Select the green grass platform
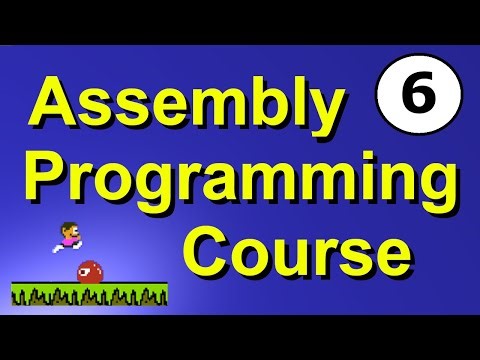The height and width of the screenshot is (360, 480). tap(89, 293)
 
